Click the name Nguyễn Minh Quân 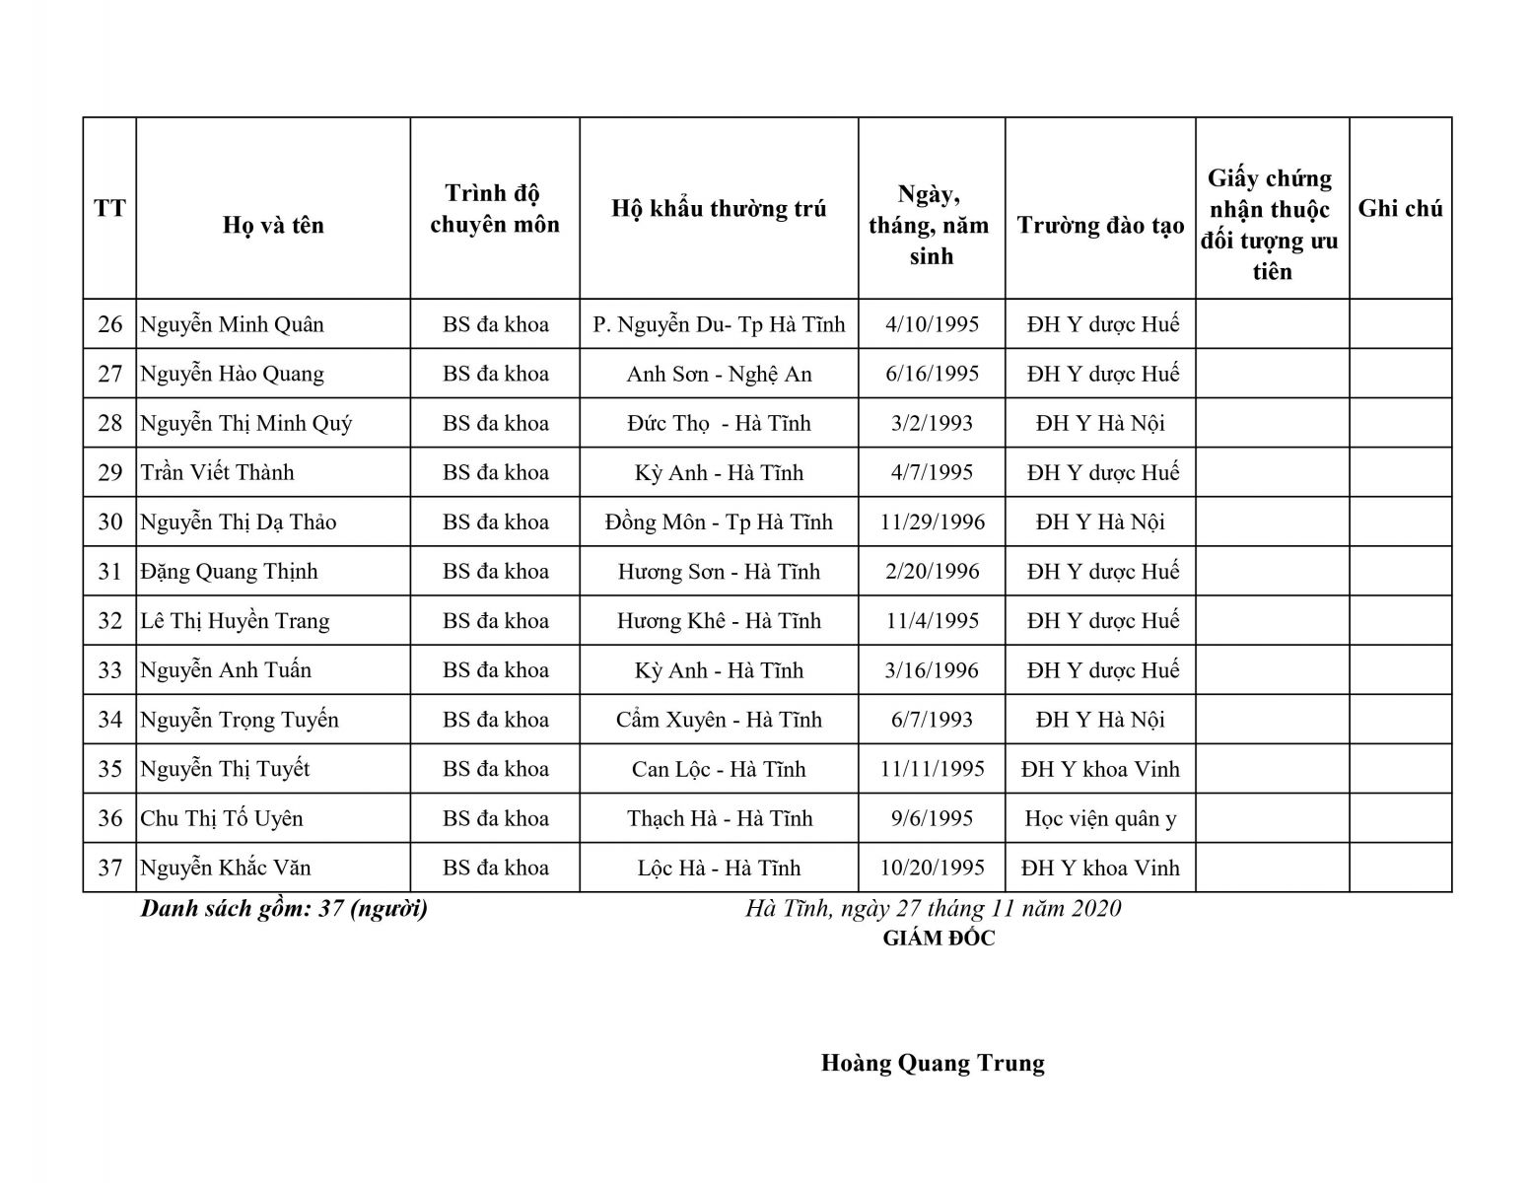coord(232,324)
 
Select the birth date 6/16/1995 coord(932,374)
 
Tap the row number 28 coord(109,423)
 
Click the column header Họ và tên coord(273,225)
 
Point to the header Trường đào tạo coord(1100,225)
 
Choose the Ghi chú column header coord(1400,208)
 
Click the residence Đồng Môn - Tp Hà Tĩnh coord(719,522)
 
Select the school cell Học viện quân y coord(1100,818)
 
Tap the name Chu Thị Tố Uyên coord(222,818)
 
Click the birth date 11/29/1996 coord(932,522)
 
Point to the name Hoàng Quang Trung coord(933,1063)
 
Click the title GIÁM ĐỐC coord(939,939)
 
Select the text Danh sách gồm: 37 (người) coord(284,908)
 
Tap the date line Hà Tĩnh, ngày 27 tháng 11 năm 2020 coord(933,908)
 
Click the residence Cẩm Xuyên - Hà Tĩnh coord(719,720)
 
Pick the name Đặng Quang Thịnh coord(229,572)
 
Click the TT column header coord(109,208)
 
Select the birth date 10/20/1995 coord(932,868)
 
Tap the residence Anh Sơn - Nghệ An coord(719,374)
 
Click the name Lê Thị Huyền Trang coord(235,621)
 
